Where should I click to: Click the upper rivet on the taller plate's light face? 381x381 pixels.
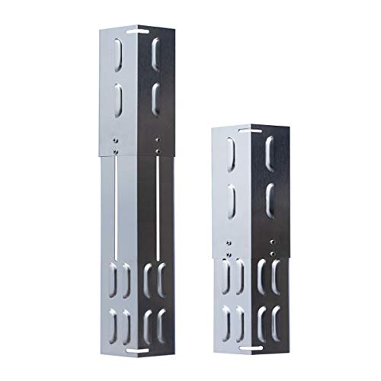[114, 140]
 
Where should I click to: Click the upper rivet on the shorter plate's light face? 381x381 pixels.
[227, 243]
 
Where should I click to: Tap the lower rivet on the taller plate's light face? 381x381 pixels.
[114, 150]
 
